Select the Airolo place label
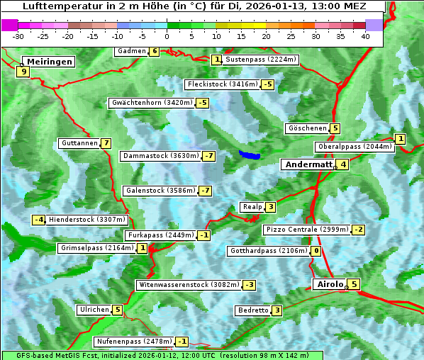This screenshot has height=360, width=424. point(330,284)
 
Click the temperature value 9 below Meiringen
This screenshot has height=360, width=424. point(23,72)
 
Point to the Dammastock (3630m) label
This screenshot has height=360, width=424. point(160,156)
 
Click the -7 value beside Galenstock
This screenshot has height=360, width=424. point(206,191)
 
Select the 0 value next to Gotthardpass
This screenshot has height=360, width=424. point(316,251)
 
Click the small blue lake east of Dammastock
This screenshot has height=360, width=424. point(250,154)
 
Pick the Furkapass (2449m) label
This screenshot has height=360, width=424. point(160,235)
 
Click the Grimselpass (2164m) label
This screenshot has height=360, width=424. point(96,248)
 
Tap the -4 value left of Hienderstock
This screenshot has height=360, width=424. point(39,220)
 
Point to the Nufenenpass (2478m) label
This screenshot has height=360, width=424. point(134,342)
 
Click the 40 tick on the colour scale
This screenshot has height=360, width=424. point(365,35)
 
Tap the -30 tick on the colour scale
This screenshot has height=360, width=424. point(18,35)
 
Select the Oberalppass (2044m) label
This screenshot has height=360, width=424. point(355,147)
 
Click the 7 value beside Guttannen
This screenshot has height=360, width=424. point(106,143)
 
